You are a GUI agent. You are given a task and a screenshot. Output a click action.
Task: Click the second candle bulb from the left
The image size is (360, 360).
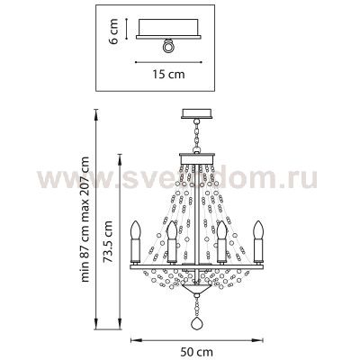170,239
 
